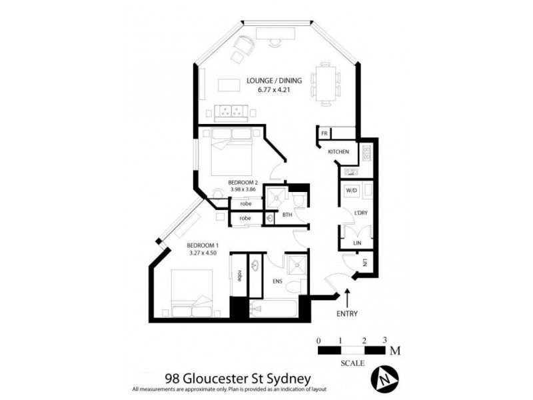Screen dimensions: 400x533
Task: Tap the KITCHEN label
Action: pos(338,153)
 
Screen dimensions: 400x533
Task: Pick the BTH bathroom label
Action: pos(287,215)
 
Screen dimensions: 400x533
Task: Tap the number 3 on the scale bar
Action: pos(385,340)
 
